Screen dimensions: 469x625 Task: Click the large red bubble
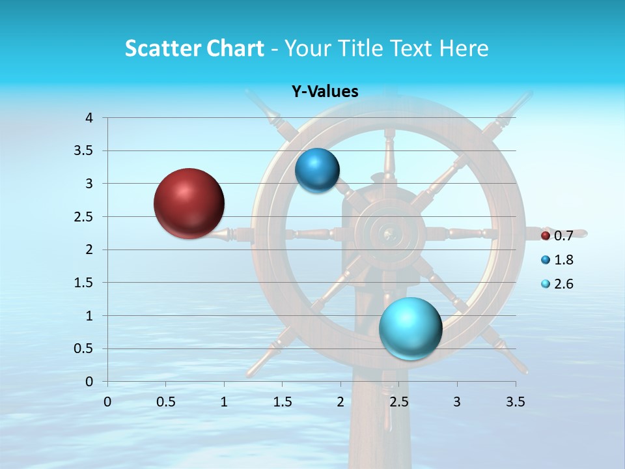189,203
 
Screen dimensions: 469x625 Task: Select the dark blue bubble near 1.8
317,171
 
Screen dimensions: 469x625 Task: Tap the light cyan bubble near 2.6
410,328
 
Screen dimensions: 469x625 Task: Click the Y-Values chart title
324,92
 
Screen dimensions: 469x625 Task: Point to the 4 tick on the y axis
89,118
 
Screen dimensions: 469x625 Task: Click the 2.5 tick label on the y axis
85,217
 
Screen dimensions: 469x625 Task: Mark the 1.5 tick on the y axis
85,283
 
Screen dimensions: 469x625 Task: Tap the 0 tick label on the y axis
89,382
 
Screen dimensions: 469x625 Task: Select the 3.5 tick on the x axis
515,402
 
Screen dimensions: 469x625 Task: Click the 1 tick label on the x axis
224,402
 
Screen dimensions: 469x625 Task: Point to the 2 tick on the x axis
340,402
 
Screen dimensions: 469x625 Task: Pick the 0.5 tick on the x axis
166,402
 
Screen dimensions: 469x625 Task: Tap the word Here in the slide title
464,48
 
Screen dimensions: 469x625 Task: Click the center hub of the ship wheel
391,233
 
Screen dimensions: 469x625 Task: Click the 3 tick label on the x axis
457,402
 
